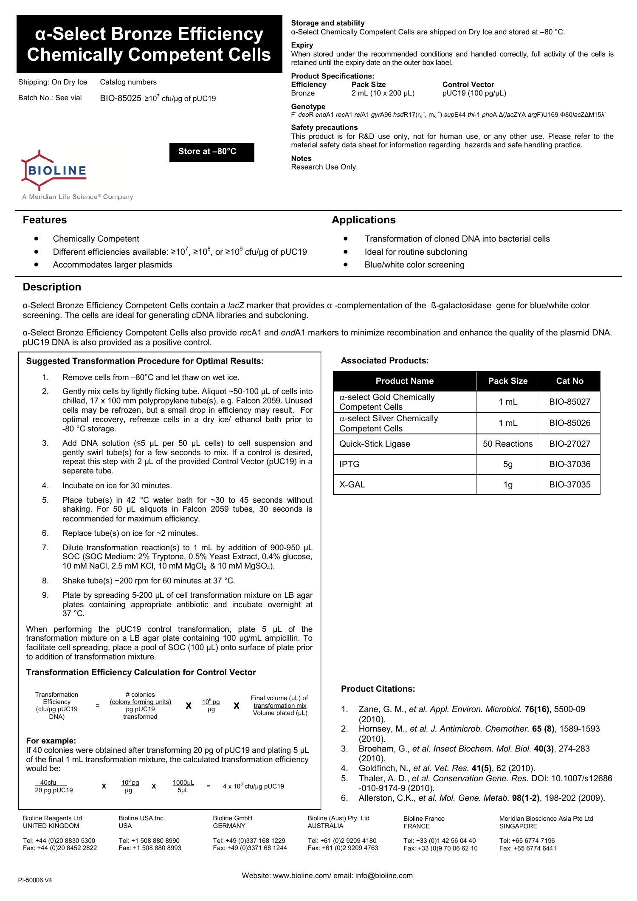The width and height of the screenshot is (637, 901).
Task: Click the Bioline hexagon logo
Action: click(x=54, y=171)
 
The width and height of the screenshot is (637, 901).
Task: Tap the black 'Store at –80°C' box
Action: click(x=211, y=152)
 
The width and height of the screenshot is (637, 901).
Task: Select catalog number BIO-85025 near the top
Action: click(x=121, y=99)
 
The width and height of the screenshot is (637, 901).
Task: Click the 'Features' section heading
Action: click(x=45, y=220)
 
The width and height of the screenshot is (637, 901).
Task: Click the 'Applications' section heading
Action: click(x=364, y=220)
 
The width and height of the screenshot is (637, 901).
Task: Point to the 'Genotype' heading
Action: click(x=308, y=107)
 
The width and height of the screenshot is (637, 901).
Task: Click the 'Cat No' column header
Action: click(x=569, y=381)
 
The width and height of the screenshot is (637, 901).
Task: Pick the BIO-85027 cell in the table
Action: click(x=569, y=402)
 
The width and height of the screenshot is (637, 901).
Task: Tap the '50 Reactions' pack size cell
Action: click(x=507, y=444)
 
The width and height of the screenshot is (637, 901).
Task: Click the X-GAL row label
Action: click(x=352, y=484)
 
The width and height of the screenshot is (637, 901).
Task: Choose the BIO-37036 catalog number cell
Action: click(x=569, y=464)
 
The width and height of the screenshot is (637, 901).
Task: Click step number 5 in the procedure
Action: click(x=45, y=500)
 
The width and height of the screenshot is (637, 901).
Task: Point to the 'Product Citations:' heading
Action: click(x=378, y=689)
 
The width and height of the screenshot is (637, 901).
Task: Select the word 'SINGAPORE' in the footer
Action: click(x=518, y=826)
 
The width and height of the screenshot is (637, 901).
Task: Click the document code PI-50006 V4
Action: click(x=35, y=880)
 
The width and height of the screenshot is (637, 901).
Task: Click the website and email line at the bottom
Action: click(x=327, y=876)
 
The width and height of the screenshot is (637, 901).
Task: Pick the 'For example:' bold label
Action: click(x=51, y=741)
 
